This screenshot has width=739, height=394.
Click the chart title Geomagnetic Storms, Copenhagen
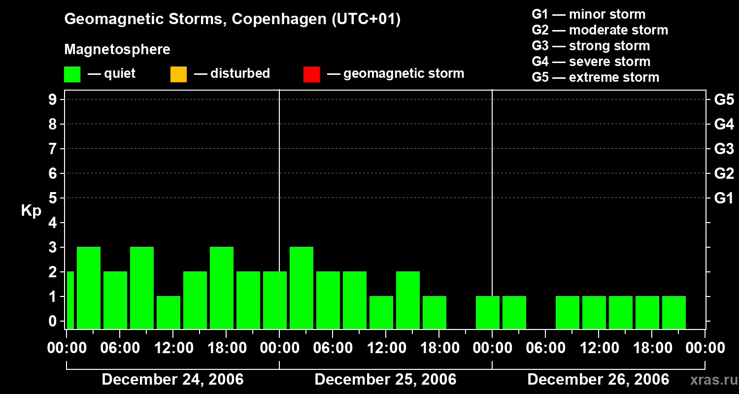232,19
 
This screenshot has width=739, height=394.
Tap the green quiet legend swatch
72,74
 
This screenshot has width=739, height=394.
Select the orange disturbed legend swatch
178,74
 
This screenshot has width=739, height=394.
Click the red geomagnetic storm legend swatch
311,74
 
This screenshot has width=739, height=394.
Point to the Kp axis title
31,211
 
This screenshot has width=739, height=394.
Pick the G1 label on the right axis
724,198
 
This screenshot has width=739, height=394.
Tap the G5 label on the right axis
724,100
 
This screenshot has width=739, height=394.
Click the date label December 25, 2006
385,379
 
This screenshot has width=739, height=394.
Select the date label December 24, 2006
172,379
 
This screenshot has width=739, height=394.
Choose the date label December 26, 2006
598,379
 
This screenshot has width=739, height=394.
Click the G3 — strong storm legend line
591,46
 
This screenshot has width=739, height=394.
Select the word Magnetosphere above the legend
117,50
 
